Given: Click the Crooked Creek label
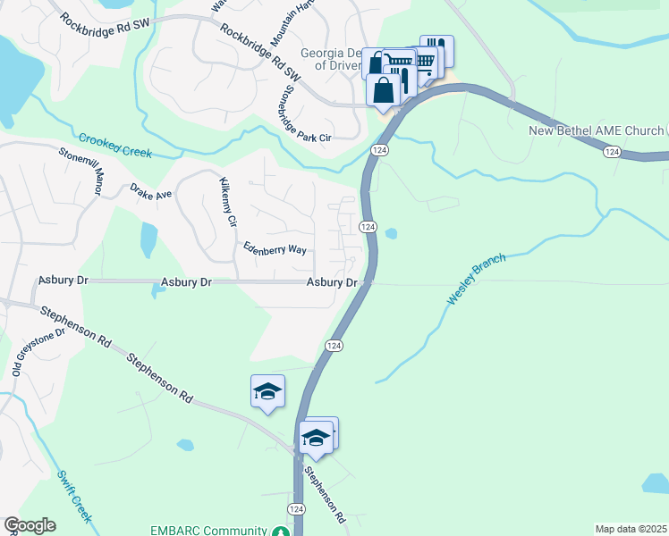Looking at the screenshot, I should click(115, 146).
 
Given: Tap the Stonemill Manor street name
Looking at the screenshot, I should click(81, 170).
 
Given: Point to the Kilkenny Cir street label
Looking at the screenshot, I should click(227, 202).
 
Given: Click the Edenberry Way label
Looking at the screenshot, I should click(275, 249).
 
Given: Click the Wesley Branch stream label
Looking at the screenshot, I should click(477, 280).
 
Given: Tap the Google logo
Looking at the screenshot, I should click(30, 525).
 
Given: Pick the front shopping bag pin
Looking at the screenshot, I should click(384, 90).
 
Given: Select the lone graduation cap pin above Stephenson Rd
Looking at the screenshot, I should click(267, 391).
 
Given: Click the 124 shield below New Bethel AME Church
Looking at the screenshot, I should click(611, 153).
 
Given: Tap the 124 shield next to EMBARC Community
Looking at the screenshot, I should click(295, 507).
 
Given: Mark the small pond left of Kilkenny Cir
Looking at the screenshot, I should click(148, 239).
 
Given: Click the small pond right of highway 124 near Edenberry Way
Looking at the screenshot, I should click(391, 235).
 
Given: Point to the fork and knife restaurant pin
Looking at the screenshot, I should click(436, 48).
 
